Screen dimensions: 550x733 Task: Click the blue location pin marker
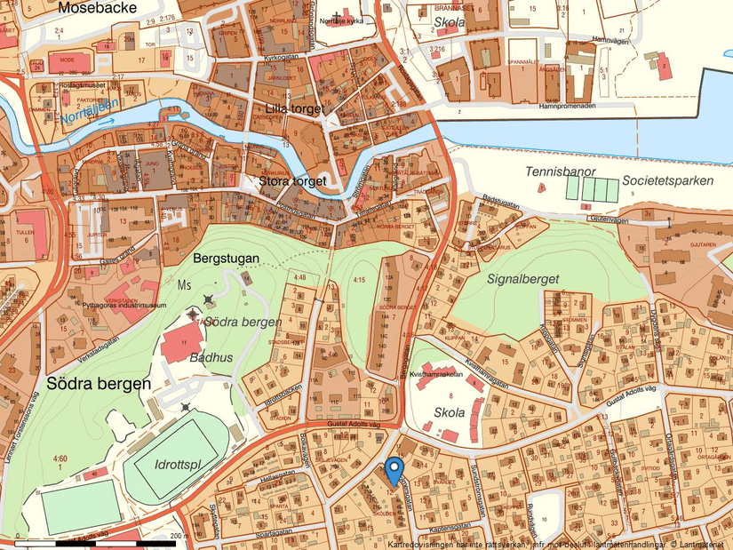click(395, 469)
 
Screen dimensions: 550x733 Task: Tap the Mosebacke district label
click(96, 8)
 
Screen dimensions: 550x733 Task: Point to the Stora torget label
click(292, 181)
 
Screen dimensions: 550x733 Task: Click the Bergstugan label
click(226, 259)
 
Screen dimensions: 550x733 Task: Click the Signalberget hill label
click(523, 278)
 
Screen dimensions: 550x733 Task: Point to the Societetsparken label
click(667, 180)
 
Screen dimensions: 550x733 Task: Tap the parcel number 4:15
click(359, 281)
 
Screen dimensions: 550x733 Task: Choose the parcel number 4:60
click(60, 458)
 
